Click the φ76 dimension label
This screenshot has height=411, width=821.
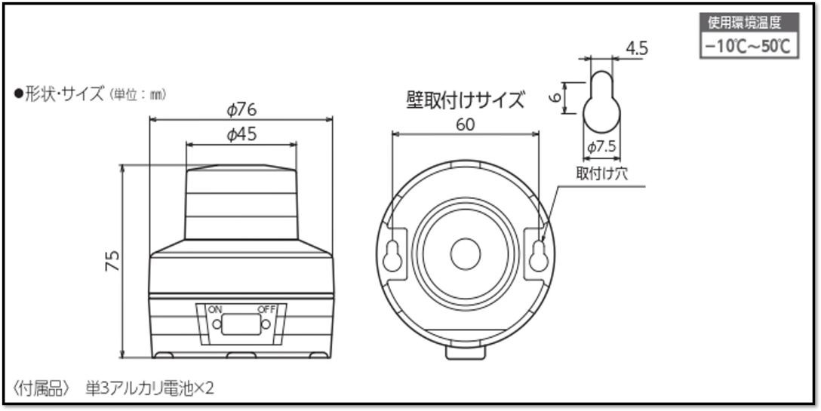(241, 109)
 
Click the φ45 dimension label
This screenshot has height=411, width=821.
(241, 134)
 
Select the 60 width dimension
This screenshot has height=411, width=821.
(466, 124)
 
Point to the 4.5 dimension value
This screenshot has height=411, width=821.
(637, 49)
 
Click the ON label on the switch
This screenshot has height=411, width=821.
(215, 309)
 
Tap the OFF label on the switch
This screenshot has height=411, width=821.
(267, 309)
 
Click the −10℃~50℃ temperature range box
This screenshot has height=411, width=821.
(748, 46)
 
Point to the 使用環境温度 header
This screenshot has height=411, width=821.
(748, 23)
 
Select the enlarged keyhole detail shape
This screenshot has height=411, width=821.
(601, 104)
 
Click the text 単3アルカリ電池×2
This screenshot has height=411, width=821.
(149, 388)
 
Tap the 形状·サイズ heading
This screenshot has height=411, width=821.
(64, 95)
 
